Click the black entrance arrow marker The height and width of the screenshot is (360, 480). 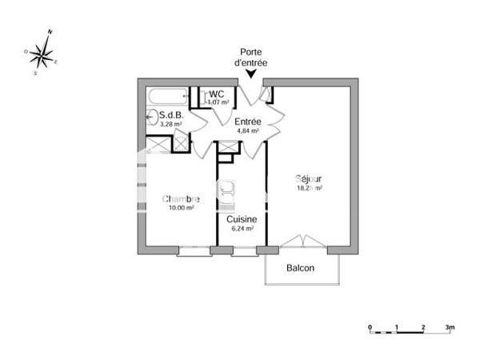(252, 74)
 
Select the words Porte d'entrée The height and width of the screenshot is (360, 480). (251, 55)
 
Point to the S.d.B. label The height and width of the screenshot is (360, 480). (172, 114)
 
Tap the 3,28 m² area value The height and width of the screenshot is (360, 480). (172, 124)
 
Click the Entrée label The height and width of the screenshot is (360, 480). (247, 121)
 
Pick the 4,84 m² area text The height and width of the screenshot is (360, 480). (246, 130)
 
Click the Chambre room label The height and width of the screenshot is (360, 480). (182, 198)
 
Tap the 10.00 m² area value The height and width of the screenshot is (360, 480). (181, 208)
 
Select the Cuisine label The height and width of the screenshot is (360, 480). (241, 218)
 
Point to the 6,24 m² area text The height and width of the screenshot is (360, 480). (241, 228)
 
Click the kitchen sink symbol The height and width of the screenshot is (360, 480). (228, 190)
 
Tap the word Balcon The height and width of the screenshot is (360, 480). (301, 268)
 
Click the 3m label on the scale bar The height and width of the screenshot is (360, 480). (450, 328)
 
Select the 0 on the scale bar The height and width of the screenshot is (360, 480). (370, 328)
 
